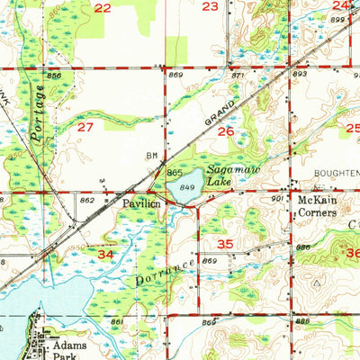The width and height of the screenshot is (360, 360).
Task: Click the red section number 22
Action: pyautogui.click(x=103, y=8)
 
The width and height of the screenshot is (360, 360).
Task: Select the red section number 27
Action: pyautogui.click(x=85, y=128)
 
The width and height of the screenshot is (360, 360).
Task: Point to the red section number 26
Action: pyautogui.click(x=226, y=131)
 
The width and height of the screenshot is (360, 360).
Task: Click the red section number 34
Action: pyautogui.click(x=106, y=256)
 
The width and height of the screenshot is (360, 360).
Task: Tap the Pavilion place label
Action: pyautogui.click(x=142, y=204)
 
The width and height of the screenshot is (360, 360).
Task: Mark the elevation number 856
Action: pyautogui.click(x=55, y=76)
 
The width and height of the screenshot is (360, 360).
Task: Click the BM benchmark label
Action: pyautogui.click(x=152, y=155)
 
